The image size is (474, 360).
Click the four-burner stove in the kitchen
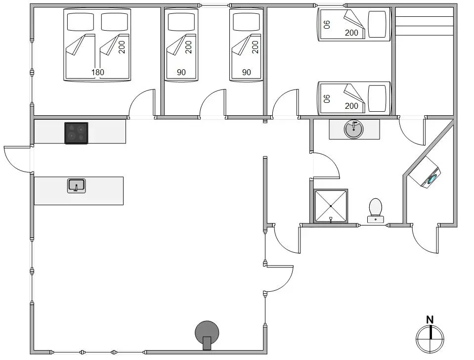coord(76,133)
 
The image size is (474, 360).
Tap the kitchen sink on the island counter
coord(76,186)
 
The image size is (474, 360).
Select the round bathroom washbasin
coord(354,129)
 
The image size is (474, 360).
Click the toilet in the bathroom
coord(376,211)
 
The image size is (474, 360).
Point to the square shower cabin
coord(331,206)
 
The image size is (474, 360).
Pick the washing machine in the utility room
coord(426,173)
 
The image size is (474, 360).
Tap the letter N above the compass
coord(430,320)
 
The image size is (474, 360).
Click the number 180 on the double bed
coord(98,72)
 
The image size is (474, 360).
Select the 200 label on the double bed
coord(122,47)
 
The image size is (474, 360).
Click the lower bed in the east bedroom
coord(354,98)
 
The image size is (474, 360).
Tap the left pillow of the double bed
coord(81,22)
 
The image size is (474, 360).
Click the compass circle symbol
coord(430,339)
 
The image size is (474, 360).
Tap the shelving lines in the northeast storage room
coord(425,21)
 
